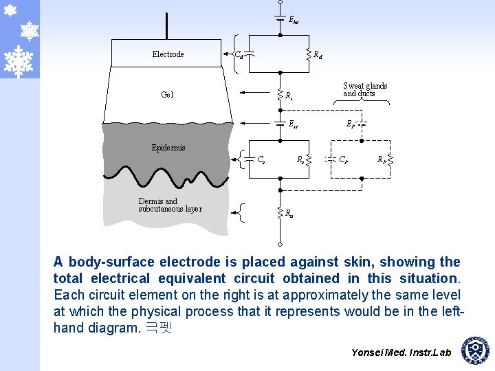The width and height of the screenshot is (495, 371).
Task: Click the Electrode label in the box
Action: point(168,54)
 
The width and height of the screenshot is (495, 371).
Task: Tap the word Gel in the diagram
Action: point(167,95)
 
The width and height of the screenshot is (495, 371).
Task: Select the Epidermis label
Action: point(168,148)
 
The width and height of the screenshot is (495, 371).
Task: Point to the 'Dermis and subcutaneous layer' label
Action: point(170,205)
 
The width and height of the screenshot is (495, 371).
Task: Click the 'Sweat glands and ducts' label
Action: point(365,90)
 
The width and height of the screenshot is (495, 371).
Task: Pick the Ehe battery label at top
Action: point(294,21)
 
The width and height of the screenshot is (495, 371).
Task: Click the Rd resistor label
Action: point(319,54)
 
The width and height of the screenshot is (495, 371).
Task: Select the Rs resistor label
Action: point(290,95)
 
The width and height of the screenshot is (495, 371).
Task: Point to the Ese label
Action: point(294,125)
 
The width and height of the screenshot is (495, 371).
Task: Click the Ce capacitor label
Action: point(261,160)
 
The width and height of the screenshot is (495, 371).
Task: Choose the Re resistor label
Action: point(300,159)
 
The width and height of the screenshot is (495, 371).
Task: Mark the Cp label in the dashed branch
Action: point(343,159)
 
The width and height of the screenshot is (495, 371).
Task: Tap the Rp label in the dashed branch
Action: point(381,159)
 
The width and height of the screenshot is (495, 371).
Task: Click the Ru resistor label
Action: point(290,214)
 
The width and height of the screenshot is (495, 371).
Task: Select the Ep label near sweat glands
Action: point(351,125)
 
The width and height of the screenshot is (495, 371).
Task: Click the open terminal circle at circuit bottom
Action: point(280,243)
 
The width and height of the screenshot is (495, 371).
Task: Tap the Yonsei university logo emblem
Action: point(475,351)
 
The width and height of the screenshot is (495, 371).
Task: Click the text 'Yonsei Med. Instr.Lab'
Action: point(401,352)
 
